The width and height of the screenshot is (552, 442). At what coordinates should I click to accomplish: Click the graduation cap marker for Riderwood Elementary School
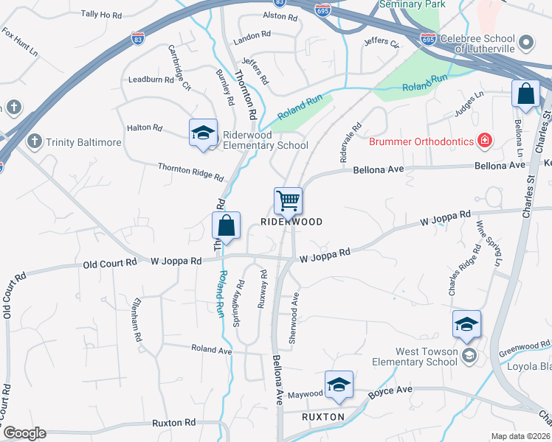[203, 133]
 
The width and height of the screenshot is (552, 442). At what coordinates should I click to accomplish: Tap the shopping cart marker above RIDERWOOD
[288, 200]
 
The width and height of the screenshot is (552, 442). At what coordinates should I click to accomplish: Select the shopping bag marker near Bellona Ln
[525, 94]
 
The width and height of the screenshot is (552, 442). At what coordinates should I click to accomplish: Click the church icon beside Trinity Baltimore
[33, 141]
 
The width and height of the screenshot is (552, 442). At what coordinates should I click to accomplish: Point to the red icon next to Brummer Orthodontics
[484, 140]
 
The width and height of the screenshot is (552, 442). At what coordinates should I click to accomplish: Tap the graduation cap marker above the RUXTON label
[339, 385]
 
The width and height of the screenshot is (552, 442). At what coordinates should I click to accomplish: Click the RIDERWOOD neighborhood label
[291, 222]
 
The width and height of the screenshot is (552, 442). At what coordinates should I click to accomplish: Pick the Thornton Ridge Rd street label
[190, 172]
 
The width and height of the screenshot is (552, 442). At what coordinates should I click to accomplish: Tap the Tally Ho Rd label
[100, 14]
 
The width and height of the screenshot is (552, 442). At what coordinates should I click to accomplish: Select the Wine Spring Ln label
[488, 243]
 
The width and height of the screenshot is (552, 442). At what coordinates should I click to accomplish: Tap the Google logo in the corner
[24, 433]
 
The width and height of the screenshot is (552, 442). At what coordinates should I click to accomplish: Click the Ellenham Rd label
[134, 320]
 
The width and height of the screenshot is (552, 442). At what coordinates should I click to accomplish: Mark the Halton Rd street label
[145, 127]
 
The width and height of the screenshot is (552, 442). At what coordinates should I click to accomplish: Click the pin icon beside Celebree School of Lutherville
[526, 42]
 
